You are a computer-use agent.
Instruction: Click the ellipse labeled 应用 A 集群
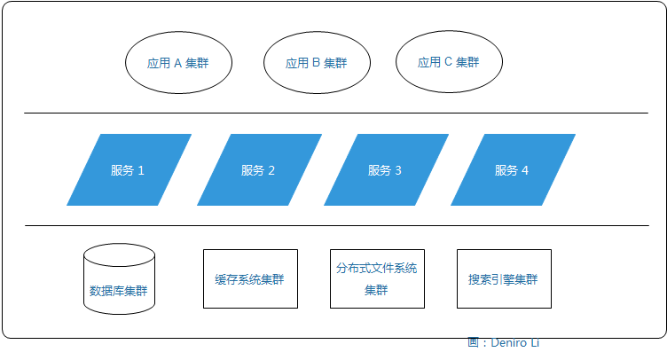point(178,64)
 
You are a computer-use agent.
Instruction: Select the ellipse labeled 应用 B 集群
point(316,64)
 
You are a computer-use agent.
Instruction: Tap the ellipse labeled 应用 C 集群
point(448,63)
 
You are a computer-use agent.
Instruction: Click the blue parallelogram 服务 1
point(129,170)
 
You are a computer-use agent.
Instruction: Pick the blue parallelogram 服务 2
point(258,170)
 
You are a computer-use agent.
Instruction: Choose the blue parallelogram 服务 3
point(385,170)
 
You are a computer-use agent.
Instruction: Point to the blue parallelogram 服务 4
point(512,170)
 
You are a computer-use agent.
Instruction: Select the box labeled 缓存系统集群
point(250,278)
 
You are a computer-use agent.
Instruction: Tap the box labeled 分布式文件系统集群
point(376,278)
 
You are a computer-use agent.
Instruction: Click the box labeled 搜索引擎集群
point(503,278)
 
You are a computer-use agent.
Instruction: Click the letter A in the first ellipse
point(177,64)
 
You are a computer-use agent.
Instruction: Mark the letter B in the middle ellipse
point(316,64)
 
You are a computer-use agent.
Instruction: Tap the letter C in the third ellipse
point(448,63)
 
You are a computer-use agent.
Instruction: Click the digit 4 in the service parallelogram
point(525,170)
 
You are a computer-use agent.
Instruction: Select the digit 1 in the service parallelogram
point(141,170)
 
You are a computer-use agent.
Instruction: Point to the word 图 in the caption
point(473,342)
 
